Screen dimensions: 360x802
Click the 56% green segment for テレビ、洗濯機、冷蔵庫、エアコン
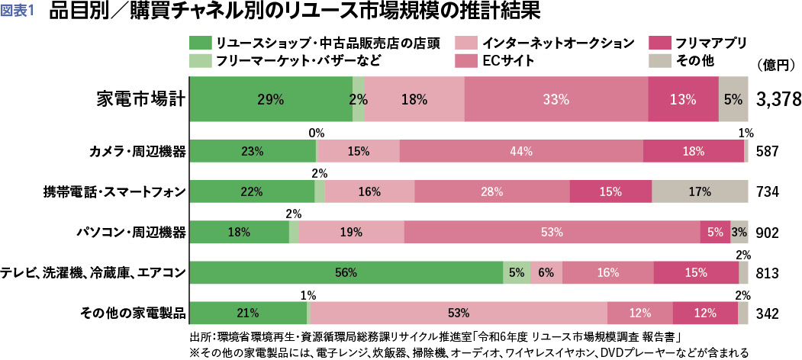point(346,272)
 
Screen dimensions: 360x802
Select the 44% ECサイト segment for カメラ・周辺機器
point(521,151)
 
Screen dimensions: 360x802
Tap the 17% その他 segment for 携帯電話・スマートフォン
point(700,192)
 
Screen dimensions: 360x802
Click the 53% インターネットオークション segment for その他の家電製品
point(459,313)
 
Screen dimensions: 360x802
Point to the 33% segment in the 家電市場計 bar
point(556,99)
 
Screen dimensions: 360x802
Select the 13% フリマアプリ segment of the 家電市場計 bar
point(683,99)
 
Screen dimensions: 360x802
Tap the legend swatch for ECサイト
point(465,61)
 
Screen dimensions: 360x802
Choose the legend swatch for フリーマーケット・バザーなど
point(199,61)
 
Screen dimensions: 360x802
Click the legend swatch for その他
point(656,61)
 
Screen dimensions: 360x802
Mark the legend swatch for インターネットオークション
point(465,43)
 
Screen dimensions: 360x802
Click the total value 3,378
point(776,99)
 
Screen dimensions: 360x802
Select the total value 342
point(767,313)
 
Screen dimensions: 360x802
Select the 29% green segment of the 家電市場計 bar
point(270,99)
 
